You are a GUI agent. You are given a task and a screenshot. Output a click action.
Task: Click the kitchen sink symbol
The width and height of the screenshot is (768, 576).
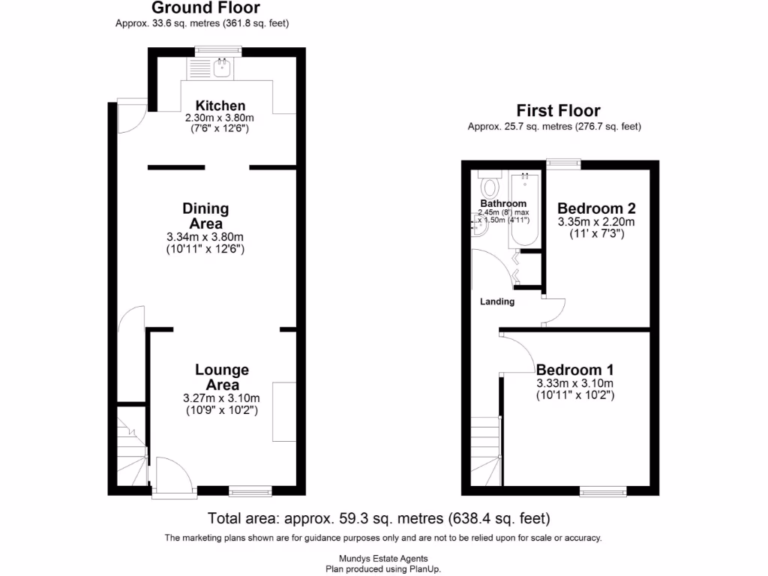click(x=222, y=70)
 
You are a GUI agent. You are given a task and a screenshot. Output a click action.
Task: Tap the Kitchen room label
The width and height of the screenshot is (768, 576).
click(x=220, y=106)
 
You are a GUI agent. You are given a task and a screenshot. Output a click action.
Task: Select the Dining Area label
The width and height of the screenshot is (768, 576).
click(x=205, y=216)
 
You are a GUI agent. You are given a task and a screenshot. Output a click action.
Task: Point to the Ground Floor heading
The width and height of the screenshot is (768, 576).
click(x=205, y=8)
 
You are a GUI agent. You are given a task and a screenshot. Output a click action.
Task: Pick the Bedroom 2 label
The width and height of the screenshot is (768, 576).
click(x=591, y=208)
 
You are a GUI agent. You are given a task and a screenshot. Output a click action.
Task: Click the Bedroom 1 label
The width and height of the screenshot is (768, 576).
click(x=574, y=370)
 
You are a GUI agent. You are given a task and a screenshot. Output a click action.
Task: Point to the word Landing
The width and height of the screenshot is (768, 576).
click(x=497, y=302)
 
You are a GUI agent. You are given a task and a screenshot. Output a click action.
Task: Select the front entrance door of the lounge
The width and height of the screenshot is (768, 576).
click(x=172, y=476)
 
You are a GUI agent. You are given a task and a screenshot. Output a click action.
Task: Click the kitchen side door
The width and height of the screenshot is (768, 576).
click(x=129, y=117)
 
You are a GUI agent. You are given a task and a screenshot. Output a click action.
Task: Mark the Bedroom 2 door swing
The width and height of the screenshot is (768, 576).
click(x=553, y=310)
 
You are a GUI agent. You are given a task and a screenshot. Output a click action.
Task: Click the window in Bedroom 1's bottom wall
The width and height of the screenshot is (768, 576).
click(x=603, y=491)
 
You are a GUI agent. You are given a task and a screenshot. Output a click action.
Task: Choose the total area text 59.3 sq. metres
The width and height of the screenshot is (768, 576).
click(x=379, y=518)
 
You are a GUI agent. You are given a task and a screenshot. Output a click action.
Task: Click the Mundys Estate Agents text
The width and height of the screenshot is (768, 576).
click(x=383, y=558)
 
